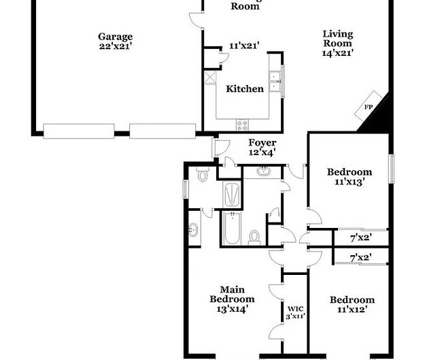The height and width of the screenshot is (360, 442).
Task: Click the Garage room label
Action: click(x=115, y=37)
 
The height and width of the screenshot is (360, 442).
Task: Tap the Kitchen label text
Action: click(x=245, y=88)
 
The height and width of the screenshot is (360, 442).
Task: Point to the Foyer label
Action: click(x=262, y=143)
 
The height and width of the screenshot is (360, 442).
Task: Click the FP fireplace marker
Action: click(x=369, y=108)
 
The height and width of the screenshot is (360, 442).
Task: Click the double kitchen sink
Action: click(x=275, y=82)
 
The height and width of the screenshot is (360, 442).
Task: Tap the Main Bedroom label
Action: click(x=232, y=294)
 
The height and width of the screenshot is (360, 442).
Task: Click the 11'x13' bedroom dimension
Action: click(x=350, y=182)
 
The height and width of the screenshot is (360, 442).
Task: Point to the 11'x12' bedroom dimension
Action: click(x=352, y=310)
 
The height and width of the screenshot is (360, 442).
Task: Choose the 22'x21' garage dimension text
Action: click(x=115, y=46)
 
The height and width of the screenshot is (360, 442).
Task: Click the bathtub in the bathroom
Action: click(x=232, y=229)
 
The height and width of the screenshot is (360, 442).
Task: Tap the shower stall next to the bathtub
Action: click(x=232, y=194)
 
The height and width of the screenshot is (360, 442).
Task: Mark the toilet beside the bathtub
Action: click(x=254, y=236)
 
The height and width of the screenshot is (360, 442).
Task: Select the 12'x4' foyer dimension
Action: click(x=262, y=153)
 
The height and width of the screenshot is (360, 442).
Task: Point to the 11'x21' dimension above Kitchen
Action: click(x=244, y=46)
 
